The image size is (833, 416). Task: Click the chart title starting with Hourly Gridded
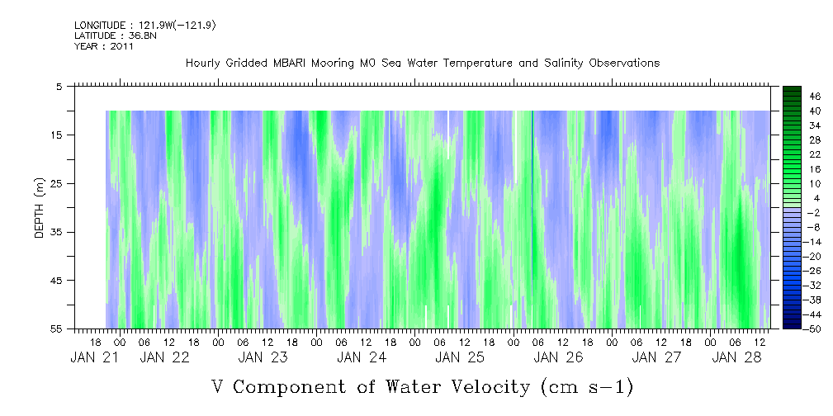coord(422,64)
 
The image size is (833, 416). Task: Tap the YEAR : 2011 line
coord(104,46)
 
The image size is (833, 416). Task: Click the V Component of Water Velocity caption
coord(422,385)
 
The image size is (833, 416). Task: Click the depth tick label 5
coord(59,86)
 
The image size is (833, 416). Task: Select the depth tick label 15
coord(57,135)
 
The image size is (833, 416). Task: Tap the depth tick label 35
coord(57,232)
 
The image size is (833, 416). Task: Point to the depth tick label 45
coord(57,281)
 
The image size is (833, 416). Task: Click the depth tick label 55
coord(57,329)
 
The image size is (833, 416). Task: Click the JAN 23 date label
coord(263,357)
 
